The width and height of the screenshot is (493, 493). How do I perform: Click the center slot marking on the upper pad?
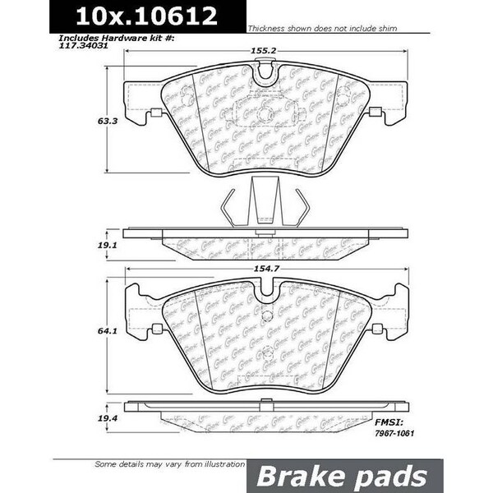pos(263,117)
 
